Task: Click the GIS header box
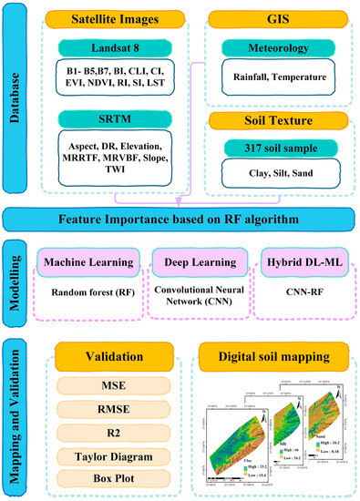[x=280, y=17]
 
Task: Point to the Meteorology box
[x=280, y=56]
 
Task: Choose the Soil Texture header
[x=280, y=118]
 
